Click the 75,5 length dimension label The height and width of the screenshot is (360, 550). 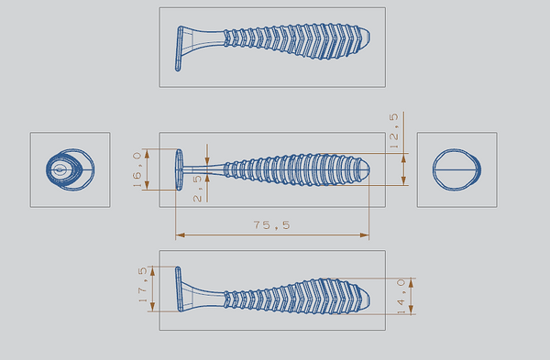click(x=272, y=225)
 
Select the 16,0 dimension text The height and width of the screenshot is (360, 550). click(x=137, y=169)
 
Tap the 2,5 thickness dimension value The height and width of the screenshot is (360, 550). click(x=197, y=189)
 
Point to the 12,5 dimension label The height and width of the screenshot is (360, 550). click(x=394, y=131)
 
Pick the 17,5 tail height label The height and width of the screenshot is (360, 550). click(x=143, y=285)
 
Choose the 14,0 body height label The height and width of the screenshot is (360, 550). click(x=401, y=296)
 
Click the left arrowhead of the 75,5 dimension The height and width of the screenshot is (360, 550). click(x=181, y=235)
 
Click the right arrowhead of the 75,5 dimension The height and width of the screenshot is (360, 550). click(x=365, y=235)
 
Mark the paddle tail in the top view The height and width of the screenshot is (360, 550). click(x=179, y=49)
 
